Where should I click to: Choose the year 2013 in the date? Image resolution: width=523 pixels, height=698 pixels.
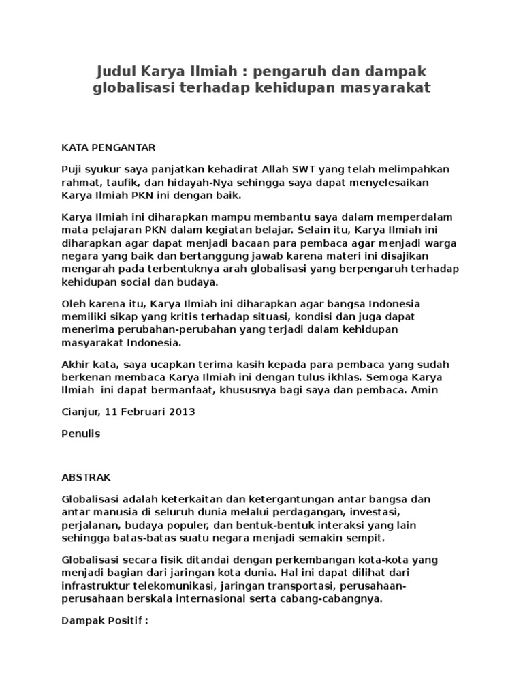pos(182,412)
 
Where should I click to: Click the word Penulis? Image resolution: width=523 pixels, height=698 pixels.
pos(81,434)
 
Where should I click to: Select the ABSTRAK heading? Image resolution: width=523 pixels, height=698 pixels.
pos(85,477)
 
